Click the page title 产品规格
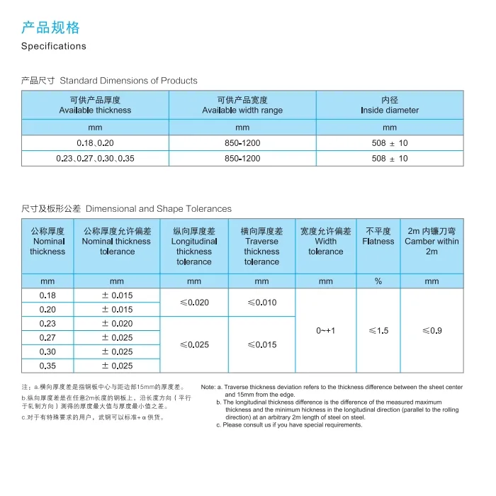[x=50, y=28]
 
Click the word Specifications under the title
[x=54, y=46]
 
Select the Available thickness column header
[x=95, y=105]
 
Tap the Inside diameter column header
[x=390, y=105]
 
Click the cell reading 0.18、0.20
[x=95, y=143]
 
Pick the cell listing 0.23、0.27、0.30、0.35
[x=95, y=159]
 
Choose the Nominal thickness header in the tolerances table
[x=47, y=242]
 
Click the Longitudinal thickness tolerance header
[x=194, y=247]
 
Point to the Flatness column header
[x=378, y=237]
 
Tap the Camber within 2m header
[x=432, y=242]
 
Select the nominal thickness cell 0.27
[x=47, y=338]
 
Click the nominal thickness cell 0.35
[x=47, y=366]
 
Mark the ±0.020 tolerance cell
[x=117, y=324]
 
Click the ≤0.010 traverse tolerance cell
[x=261, y=303]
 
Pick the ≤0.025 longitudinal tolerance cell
[x=194, y=345]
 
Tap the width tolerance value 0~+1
[x=326, y=331]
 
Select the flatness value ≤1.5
[x=378, y=331]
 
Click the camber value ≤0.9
[x=432, y=331]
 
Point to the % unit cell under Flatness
[x=378, y=281]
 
